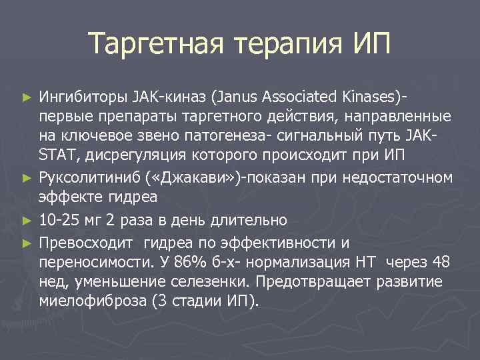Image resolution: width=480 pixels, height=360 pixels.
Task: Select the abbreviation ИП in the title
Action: (x=367, y=45)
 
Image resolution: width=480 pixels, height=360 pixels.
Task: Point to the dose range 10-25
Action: (x=58, y=220)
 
